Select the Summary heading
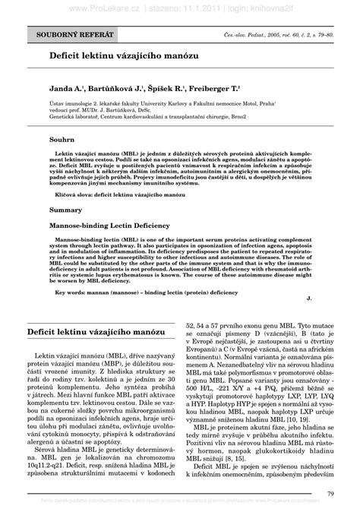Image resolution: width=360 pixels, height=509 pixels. click(x=65, y=208)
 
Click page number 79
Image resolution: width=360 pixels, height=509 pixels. click(x=330, y=495)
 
